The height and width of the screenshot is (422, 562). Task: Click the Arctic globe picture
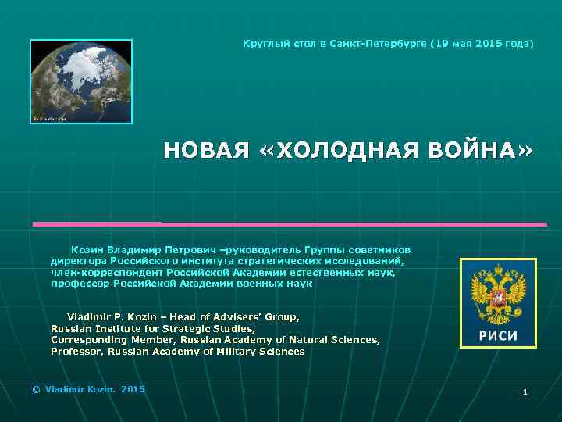[81, 81]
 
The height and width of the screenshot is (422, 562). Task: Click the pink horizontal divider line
[289, 224]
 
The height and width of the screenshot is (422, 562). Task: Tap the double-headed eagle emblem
[497, 295]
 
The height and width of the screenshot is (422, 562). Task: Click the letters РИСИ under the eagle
[497, 336]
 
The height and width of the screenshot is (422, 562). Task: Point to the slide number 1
[525, 392]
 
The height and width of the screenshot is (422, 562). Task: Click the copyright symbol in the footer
[35, 388]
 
